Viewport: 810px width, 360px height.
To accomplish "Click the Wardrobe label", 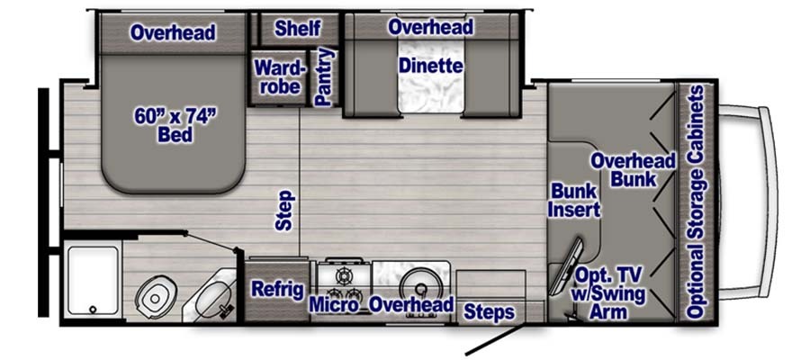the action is coord(280,76).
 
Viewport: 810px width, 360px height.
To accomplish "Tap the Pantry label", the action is coord(324,77).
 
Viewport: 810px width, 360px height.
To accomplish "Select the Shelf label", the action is coord(298,29).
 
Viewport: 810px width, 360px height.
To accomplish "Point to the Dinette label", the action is coord(431,66).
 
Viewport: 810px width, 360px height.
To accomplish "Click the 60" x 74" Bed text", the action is coord(175,124).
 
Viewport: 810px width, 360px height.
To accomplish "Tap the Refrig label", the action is coord(277,290).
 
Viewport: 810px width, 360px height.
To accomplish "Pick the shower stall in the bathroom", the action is coord(93,281).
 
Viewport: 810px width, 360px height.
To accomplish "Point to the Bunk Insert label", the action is coord(574,201).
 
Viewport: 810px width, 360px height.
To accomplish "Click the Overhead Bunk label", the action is coord(633,169).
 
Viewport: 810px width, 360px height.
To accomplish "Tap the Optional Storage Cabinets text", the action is coord(696,202).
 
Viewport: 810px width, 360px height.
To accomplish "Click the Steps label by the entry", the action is coord(489,312).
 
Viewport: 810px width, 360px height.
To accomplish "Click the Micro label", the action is coord(334,305).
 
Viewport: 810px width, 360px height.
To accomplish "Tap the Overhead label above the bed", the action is coord(173,32).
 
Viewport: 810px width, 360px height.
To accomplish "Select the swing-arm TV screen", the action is coord(566,266).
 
